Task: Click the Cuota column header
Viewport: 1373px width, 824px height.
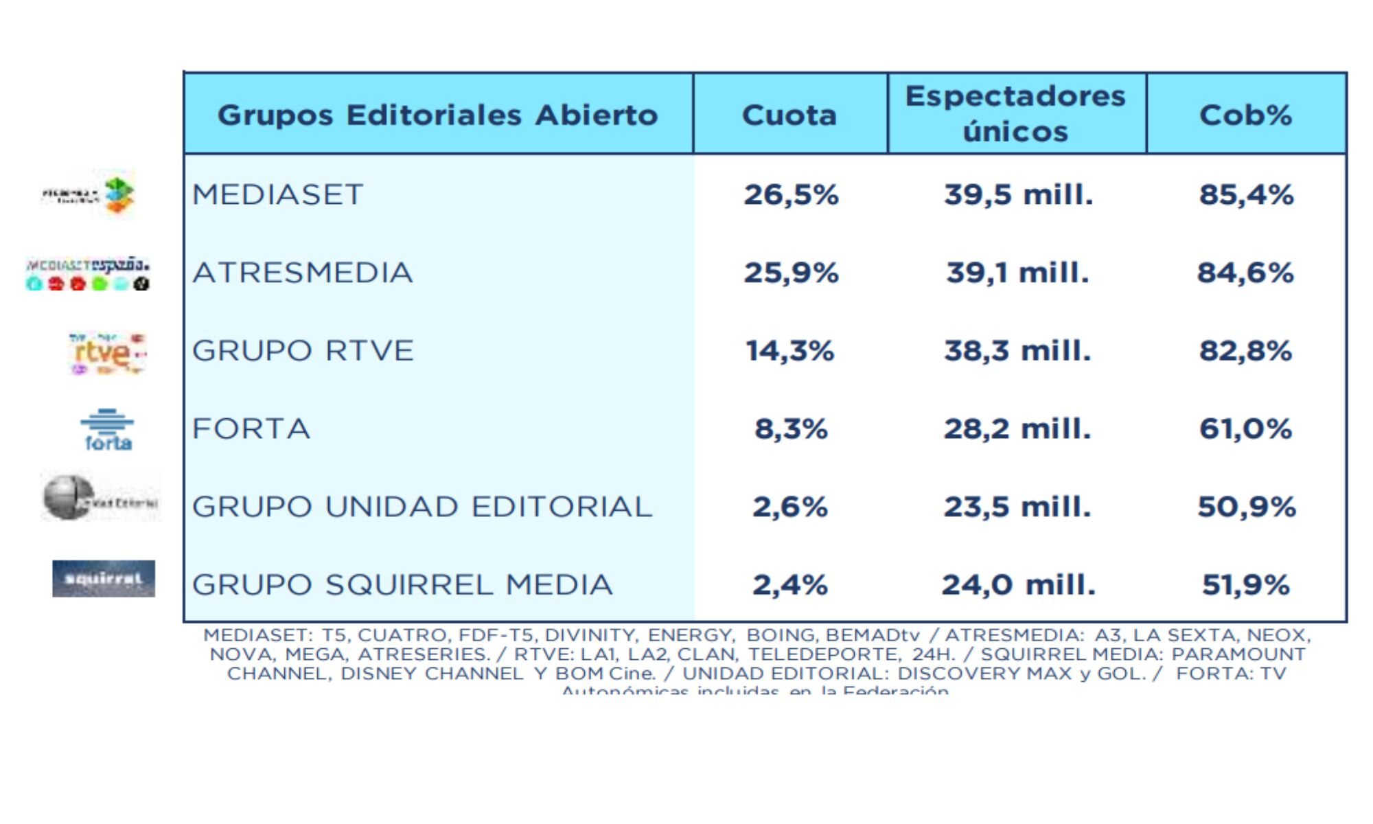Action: point(789,115)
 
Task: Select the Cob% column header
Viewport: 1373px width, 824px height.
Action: point(1245,115)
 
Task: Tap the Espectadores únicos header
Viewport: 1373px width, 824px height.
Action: point(1016,113)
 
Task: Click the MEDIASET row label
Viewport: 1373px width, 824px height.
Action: point(277,194)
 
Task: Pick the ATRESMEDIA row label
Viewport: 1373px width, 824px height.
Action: point(303,273)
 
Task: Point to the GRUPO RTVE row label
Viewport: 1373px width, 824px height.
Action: point(303,351)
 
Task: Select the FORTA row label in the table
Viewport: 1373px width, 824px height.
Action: point(251,429)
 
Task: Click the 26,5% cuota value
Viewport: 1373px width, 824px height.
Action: point(791,194)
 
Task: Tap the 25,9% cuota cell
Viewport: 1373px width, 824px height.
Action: point(791,273)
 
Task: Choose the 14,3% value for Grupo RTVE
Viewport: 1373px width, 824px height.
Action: point(789,351)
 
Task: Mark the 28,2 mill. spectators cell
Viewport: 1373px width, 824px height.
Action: point(1017,429)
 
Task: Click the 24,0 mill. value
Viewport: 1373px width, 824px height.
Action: point(1018,585)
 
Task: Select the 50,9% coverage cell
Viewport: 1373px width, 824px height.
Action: point(1246,507)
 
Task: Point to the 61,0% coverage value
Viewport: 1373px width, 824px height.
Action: point(1245,429)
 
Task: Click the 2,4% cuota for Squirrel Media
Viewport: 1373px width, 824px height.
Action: point(789,585)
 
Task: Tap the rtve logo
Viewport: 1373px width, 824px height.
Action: point(106,353)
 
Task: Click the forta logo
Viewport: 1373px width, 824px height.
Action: point(107,431)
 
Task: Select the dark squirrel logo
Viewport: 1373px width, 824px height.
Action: point(104,579)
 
